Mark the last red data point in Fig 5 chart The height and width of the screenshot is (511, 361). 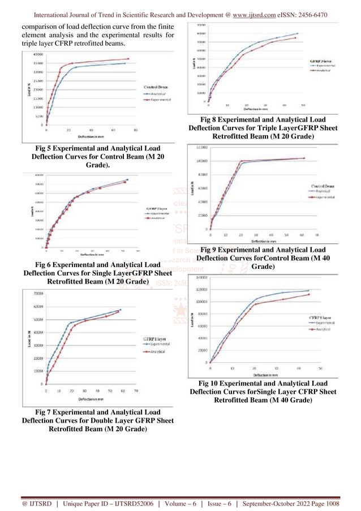(x=128, y=59)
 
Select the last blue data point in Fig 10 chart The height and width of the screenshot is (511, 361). (x=308, y=291)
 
